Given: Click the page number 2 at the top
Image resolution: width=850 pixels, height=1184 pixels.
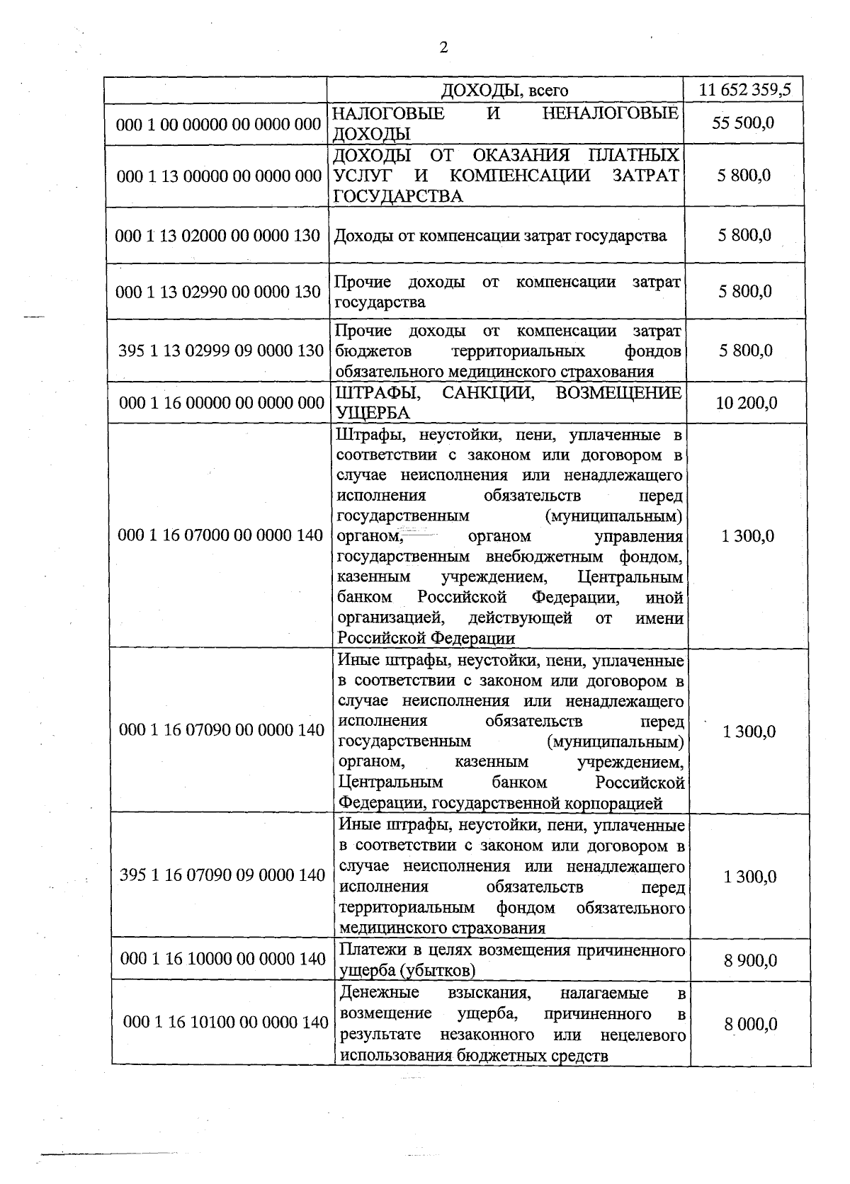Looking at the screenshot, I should (443, 47).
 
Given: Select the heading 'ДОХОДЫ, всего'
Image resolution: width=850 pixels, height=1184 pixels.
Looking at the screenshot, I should (504, 91).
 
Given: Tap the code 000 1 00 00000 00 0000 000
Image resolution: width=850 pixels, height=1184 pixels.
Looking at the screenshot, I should (218, 124).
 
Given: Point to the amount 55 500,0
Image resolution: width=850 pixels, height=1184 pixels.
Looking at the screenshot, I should (743, 123).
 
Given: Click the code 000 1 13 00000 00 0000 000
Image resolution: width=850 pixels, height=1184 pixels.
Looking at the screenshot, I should (218, 176).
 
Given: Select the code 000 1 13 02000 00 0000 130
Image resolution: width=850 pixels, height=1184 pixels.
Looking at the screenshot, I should (217, 235).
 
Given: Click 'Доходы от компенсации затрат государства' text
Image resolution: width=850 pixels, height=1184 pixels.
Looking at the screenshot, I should (500, 235).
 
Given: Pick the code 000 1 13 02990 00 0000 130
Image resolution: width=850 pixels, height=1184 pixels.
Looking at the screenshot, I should (217, 291).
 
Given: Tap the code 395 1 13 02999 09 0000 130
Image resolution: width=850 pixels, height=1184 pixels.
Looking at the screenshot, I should (220, 351).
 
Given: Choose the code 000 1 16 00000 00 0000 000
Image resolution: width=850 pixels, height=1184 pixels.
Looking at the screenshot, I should (221, 403).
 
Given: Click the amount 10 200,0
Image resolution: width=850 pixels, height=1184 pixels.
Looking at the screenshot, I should (746, 403).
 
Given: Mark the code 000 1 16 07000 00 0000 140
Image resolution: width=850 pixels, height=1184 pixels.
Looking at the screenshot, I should (220, 535).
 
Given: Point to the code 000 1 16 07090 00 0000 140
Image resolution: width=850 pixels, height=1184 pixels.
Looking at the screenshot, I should (222, 730).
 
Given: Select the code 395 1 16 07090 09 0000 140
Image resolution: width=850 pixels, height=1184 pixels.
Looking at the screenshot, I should (222, 875).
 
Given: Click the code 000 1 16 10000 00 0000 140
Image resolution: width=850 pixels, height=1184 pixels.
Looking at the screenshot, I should (223, 959).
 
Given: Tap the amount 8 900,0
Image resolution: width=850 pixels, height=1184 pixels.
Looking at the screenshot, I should (750, 960).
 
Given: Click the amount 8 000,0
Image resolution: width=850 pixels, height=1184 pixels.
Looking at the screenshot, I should (750, 1024).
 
